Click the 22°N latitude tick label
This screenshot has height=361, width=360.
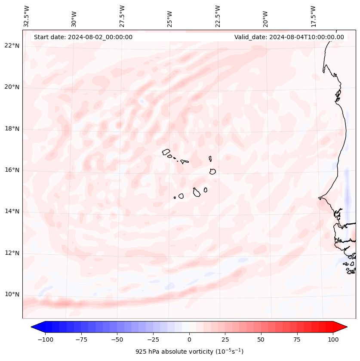(x=12, y=46)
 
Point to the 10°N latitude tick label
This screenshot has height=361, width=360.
(x=12, y=295)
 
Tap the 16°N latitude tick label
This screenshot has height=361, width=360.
(x=12, y=170)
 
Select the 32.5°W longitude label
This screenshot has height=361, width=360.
(x=27, y=16)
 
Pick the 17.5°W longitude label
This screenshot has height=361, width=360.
(x=313, y=16)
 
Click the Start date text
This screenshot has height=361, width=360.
(x=83, y=37)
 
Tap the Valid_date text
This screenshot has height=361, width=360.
(x=289, y=37)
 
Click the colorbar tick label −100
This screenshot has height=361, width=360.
(x=45, y=339)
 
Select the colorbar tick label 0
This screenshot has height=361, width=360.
(x=189, y=339)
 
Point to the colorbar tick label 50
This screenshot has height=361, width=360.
(x=261, y=339)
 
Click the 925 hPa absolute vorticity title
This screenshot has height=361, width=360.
(x=189, y=352)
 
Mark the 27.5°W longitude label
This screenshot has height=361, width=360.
(x=122, y=16)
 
